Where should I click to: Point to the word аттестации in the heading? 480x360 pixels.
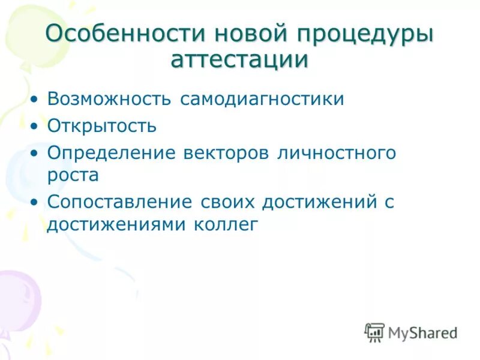pos(240,61)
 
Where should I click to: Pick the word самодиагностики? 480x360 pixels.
pos(262,98)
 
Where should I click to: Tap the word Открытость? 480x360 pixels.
pos(102,125)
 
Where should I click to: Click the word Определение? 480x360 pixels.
pos(111,152)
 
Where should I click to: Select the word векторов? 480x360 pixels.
pos(227,152)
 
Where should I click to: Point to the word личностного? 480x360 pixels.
pos(337,152)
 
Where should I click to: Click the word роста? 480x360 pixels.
pos(73,175)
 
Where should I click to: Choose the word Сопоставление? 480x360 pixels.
pos(120,202)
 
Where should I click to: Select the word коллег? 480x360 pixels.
pos(226,224)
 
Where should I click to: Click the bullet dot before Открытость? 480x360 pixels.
pos(36,126)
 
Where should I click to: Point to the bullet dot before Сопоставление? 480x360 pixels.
pos(36,202)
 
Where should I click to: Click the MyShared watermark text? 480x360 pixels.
pos(423,332)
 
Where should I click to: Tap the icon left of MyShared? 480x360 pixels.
pos(374,332)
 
